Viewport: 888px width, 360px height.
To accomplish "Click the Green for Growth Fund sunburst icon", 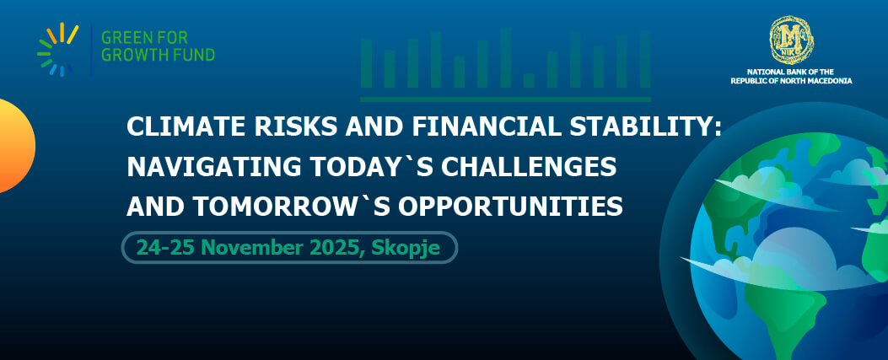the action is click(57, 49).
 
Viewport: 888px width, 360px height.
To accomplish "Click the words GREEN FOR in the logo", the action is click(144, 38).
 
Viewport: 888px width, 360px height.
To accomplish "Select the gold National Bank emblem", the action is click(791, 40).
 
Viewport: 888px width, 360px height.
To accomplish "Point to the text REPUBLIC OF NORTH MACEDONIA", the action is click(791, 81).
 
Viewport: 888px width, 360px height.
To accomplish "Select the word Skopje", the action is click(406, 249).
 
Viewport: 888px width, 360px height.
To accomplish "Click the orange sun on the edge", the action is click(16, 146).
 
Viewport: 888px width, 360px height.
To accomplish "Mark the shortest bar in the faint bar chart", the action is click(529, 80).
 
